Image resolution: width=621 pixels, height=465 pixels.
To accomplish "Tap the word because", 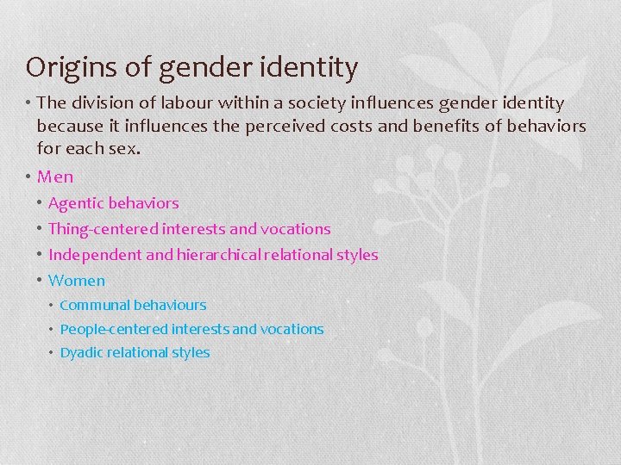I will [72, 126].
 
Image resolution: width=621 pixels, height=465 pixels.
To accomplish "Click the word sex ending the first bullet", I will [123, 148].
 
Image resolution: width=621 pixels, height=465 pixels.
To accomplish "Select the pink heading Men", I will [55, 177].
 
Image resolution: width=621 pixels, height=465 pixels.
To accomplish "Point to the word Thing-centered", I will [103, 229].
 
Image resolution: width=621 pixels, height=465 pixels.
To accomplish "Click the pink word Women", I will [77, 280].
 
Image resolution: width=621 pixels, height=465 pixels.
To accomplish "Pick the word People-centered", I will [114, 329].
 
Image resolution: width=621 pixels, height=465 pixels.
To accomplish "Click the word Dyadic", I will [80, 353].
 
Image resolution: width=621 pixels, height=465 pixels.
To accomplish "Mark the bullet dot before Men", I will [29, 177].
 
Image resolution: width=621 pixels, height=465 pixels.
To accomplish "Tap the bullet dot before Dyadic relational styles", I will [52, 353].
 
